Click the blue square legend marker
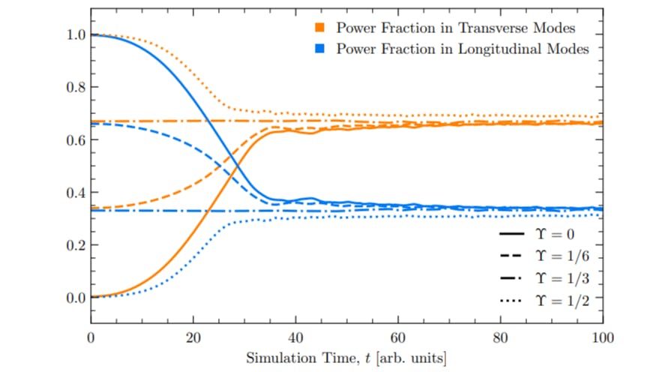pyautogui.click(x=319, y=49)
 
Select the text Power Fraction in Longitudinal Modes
pyautogui.click(x=463, y=49)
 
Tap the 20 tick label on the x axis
pyautogui.click(x=193, y=337)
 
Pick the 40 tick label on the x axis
pyautogui.click(x=295, y=337)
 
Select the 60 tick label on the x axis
pyautogui.click(x=398, y=337)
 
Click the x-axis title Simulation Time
pyautogui.click(x=346, y=358)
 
